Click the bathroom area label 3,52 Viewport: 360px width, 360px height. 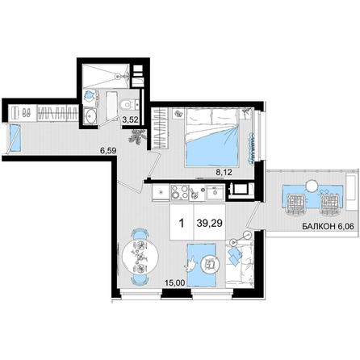coord(130,119)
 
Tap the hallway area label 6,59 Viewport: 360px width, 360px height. coord(108,150)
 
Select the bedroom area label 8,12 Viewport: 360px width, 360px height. coord(224,172)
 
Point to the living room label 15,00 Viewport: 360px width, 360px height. coord(175,283)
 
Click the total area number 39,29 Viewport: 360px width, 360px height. coord(209,223)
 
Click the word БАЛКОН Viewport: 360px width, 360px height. coord(319,226)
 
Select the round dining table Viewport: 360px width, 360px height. coord(140,257)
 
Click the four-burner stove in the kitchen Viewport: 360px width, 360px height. coord(180,192)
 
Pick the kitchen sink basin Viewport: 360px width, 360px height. coord(215,192)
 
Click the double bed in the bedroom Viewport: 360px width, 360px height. coord(212,136)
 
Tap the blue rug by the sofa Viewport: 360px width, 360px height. coord(202,265)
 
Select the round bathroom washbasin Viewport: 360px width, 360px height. coord(90,116)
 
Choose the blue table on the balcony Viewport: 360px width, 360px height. coord(312,196)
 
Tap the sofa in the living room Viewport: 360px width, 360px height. coord(240,265)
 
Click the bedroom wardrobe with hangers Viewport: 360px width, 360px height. coord(160,128)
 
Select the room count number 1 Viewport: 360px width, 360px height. coord(182,223)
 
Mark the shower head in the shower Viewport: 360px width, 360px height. coord(118,77)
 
